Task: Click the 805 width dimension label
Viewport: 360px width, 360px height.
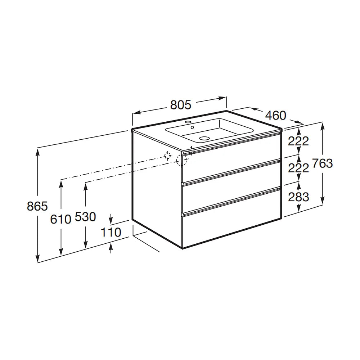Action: coord(181,105)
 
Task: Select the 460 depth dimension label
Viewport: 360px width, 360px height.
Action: coord(275,115)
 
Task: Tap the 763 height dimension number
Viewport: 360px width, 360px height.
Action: coord(322,163)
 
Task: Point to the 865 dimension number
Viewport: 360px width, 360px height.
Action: coord(37,206)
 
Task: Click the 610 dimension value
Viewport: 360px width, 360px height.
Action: coord(60,219)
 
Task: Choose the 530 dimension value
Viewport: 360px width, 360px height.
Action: coord(85,217)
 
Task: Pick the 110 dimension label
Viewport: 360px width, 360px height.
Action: coord(111,232)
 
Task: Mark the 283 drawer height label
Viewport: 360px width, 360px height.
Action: coord(298,197)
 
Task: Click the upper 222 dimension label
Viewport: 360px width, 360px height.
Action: coord(298,141)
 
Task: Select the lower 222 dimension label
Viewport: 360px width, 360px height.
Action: coord(298,168)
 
